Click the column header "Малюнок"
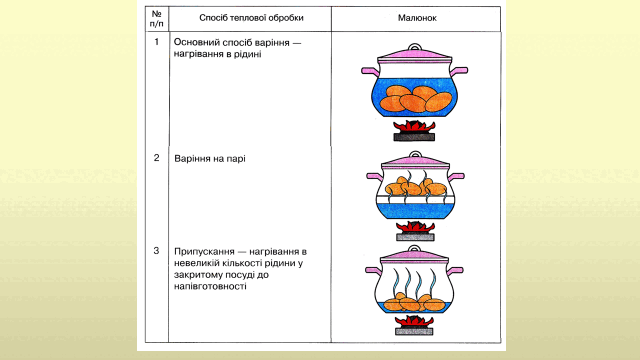click(x=417, y=18)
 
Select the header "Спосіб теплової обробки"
click(x=251, y=18)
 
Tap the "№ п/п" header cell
click(x=156, y=19)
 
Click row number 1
click(x=156, y=42)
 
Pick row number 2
click(x=156, y=158)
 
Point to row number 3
click(x=156, y=251)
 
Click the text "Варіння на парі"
click(x=210, y=159)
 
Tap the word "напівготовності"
click(x=210, y=286)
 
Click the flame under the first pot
click(x=414, y=127)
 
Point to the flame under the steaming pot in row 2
click(x=415, y=227)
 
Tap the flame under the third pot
click(x=414, y=321)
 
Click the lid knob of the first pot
click(x=414, y=47)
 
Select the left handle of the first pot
click(x=370, y=71)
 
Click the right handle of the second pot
click(x=456, y=177)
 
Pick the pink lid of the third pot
click(x=414, y=256)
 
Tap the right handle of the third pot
click(x=455, y=270)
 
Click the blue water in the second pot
click(x=415, y=210)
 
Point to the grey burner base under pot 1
click(x=414, y=137)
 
